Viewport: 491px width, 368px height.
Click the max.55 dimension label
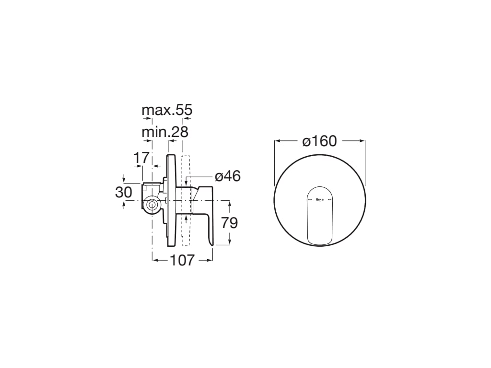pyautogui.click(x=166, y=110)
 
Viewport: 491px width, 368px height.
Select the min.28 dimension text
pyautogui.click(x=164, y=132)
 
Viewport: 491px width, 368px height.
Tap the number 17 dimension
pyautogui.click(x=142, y=157)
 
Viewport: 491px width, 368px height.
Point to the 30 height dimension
pyautogui.click(x=123, y=193)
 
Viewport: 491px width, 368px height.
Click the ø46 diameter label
pyautogui.click(x=227, y=176)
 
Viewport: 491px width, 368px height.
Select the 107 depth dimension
pyautogui.click(x=182, y=260)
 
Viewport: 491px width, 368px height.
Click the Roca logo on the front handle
pyautogui.click(x=320, y=198)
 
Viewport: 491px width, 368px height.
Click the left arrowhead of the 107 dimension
pyautogui.click(x=155, y=260)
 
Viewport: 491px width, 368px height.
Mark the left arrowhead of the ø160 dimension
pyautogui.click(x=277, y=141)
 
